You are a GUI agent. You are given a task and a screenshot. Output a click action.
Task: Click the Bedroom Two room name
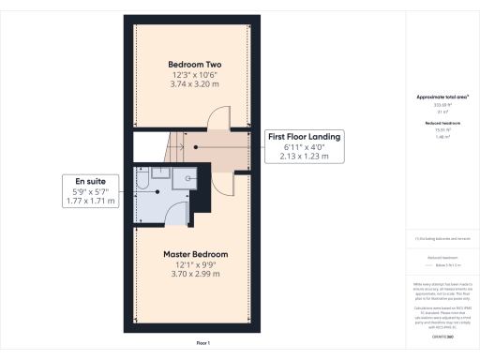point(195,64)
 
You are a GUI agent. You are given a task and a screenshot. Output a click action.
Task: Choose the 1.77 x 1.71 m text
point(89,201)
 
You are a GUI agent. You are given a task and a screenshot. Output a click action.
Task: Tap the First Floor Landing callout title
point(305,137)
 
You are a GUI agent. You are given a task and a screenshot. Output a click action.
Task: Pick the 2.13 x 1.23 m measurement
point(305,157)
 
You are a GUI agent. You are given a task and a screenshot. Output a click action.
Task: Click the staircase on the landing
point(174,146)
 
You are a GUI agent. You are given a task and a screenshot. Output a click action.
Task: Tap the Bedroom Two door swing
point(217,119)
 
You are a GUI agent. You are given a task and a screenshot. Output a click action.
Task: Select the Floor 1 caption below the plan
point(203,344)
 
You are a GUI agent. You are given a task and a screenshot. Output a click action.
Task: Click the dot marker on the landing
point(195,147)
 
